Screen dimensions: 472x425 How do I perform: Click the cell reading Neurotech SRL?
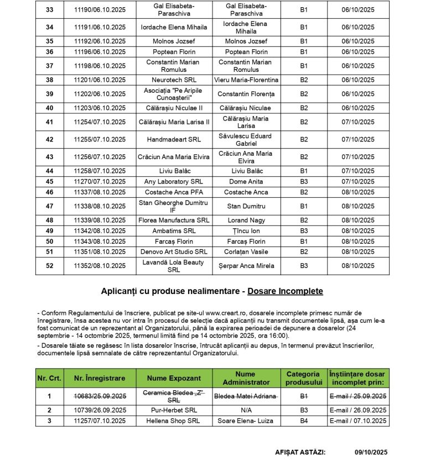tap(174, 80)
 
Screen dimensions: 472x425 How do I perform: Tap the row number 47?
tap(50, 206)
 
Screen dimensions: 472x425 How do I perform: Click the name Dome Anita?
tap(246, 181)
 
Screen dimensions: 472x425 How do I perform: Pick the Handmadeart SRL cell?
tap(174, 140)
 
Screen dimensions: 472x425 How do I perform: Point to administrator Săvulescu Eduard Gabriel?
tap(246, 140)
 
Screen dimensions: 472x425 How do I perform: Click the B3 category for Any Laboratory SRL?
tap(304, 181)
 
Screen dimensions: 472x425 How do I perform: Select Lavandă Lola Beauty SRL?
tap(174, 266)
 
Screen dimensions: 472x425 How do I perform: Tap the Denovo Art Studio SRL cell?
tap(174, 252)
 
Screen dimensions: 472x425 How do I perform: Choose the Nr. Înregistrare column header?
tap(100, 379)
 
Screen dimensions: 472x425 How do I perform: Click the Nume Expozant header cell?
tap(174, 379)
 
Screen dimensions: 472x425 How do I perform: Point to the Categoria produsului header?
tap(303, 379)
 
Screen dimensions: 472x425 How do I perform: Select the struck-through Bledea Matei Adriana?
tap(246, 396)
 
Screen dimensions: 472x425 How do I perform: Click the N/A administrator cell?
tap(246, 411)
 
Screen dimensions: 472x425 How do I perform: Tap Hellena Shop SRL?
tap(174, 421)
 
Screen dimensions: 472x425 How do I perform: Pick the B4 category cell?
tap(304, 421)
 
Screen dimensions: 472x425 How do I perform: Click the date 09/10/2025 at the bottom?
tap(371, 452)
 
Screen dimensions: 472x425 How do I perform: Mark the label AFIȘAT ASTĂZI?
tap(300, 452)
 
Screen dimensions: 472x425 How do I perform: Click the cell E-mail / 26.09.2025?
tap(358, 411)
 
